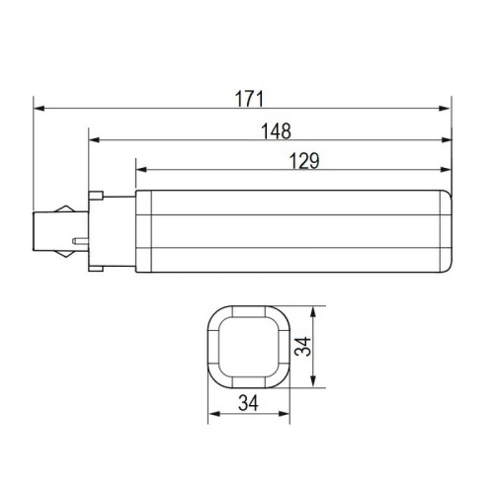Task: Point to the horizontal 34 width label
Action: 250,402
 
